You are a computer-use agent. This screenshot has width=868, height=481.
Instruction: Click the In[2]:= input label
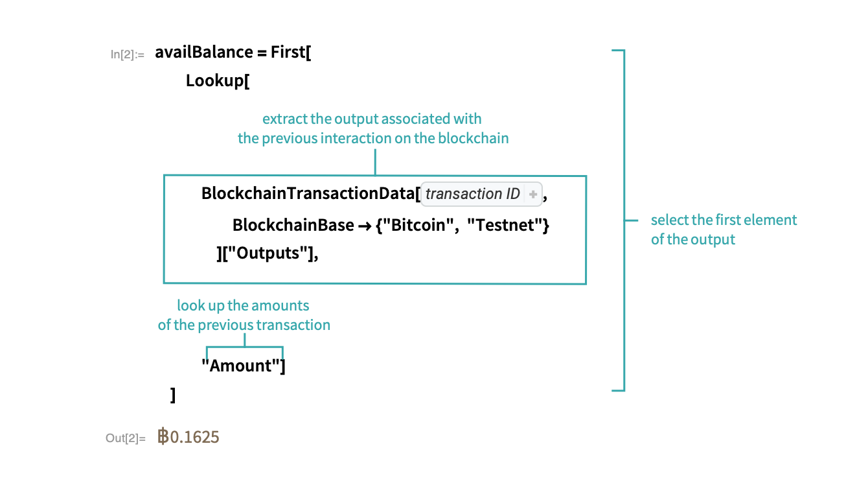[x=128, y=55]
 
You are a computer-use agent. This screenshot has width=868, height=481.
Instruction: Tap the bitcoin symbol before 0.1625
[x=163, y=438]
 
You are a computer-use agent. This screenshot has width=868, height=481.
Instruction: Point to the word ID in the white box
[x=513, y=194]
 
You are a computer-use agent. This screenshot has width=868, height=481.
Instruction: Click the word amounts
[x=280, y=305]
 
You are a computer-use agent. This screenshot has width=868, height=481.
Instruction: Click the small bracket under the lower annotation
[x=245, y=347]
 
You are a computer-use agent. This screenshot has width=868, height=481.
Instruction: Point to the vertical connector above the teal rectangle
[x=375, y=162]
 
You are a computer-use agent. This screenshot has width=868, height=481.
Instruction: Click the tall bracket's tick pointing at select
[x=632, y=221]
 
